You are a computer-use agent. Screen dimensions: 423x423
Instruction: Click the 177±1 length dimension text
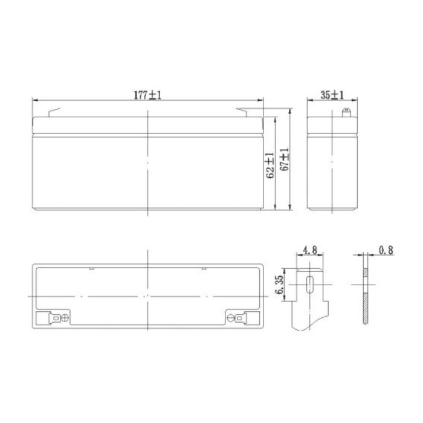click(147, 95)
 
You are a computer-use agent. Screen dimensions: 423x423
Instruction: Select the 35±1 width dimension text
click(332, 95)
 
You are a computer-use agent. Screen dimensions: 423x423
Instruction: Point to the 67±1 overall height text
click(285, 161)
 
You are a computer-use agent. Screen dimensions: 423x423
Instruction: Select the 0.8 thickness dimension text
click(386, 249)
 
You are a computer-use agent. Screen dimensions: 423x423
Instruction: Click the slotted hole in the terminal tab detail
click(309, 285)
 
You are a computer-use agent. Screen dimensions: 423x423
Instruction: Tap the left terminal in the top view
click(55, 317)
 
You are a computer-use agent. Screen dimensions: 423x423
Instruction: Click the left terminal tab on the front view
click(53, 112)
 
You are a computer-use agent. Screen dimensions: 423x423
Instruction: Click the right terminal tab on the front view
click(247, 112)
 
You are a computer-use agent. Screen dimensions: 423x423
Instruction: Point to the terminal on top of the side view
click(346, 112)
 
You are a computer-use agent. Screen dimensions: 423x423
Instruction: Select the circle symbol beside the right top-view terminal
click(230, 317)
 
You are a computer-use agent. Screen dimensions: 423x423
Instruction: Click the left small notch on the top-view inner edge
click(90, 268)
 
